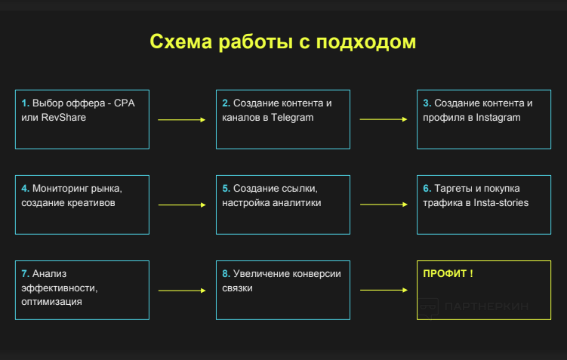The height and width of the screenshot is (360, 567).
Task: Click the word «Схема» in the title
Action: pos(180,42)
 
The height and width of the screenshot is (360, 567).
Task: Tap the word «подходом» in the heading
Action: pos(366,42)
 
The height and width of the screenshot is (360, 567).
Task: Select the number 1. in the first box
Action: pos(26,103)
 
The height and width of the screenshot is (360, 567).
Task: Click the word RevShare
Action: pos(63,118)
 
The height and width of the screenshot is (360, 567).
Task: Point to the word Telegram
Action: pos(292,118)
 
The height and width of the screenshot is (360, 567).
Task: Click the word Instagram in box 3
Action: pos(498,118)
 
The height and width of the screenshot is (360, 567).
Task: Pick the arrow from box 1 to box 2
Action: pos(181,120)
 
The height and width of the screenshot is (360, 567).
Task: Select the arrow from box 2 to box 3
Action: pos(384,119)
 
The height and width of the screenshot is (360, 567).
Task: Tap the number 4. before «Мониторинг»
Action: pos(26,189)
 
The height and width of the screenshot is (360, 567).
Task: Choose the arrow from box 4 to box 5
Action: pos(182,205)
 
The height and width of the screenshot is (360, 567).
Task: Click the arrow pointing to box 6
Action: pos(384,205)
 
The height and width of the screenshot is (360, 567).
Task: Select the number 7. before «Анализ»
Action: pos(26,274)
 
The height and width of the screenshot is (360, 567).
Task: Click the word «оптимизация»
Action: pos(51,302)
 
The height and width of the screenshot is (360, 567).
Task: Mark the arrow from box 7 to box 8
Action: pos(182,291)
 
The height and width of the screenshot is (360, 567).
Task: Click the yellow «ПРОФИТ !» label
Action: pos(448,274)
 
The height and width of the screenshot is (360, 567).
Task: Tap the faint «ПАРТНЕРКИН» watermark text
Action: pos(486,306)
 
